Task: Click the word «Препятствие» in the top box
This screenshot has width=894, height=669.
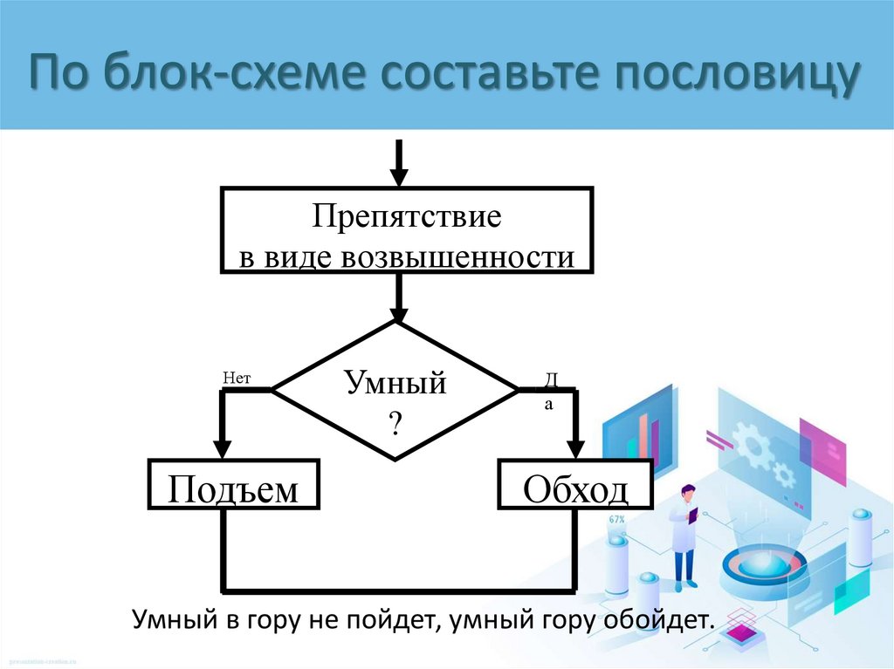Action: coord(408,217)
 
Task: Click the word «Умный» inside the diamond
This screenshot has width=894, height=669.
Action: coord(395,382)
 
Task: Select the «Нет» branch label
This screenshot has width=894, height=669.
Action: coord(237,378)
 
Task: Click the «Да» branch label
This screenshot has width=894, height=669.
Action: coord(550,390)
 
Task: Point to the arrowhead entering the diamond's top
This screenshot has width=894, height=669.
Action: coord(398,314)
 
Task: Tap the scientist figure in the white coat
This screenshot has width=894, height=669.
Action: coord(684,536)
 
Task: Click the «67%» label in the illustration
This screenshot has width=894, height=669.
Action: coord(617,520)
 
